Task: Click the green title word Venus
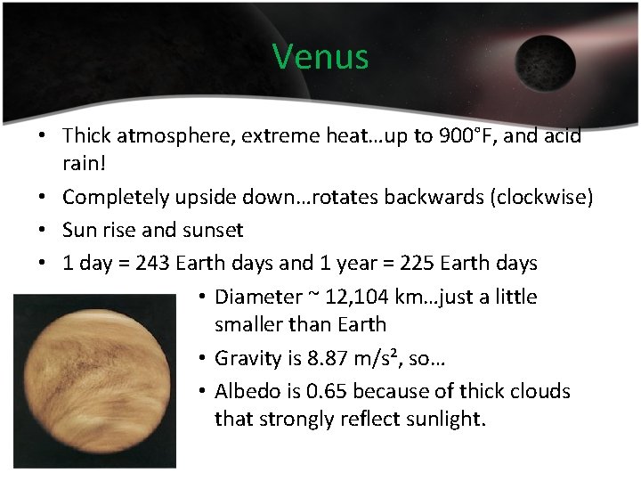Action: tap(320, 56)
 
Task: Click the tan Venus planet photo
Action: tap(94, 380)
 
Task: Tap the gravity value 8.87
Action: tap(324, 359)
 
